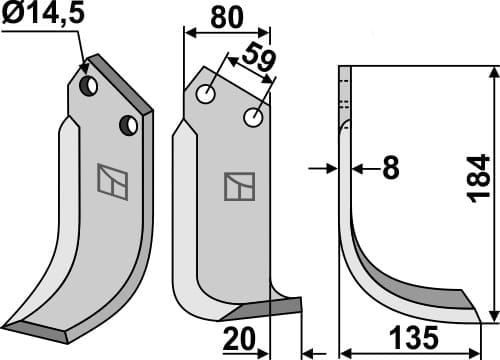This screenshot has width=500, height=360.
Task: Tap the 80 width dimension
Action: pyautogui.click(x=226, y=17)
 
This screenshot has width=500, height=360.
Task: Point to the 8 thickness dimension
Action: pyautogui.click(x=390, y=169)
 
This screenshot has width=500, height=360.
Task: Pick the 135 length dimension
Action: pyautogui.click(x=416, y=341)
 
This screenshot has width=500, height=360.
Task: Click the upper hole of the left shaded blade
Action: pyautogui.click(x=90, y=87)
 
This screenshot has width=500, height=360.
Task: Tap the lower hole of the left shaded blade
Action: pyautogui.click(x=128, y=125)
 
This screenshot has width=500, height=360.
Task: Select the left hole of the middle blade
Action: pyautogui.click(x=207, y=95)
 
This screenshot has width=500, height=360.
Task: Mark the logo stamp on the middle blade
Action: pyautogui.click(x=238, y=186)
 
